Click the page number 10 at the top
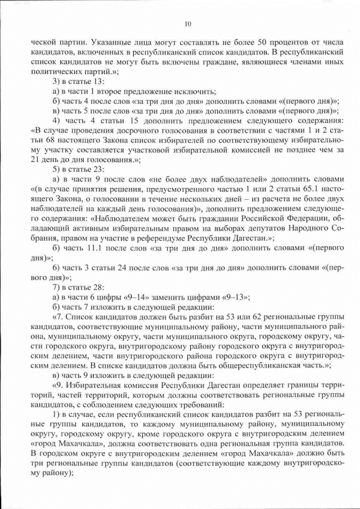coord(188,24)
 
